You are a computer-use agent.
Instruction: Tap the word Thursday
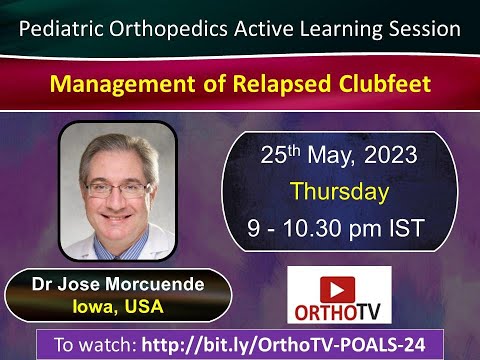(x=339, y=192)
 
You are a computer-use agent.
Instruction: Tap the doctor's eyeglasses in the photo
(x=121, y=186)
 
